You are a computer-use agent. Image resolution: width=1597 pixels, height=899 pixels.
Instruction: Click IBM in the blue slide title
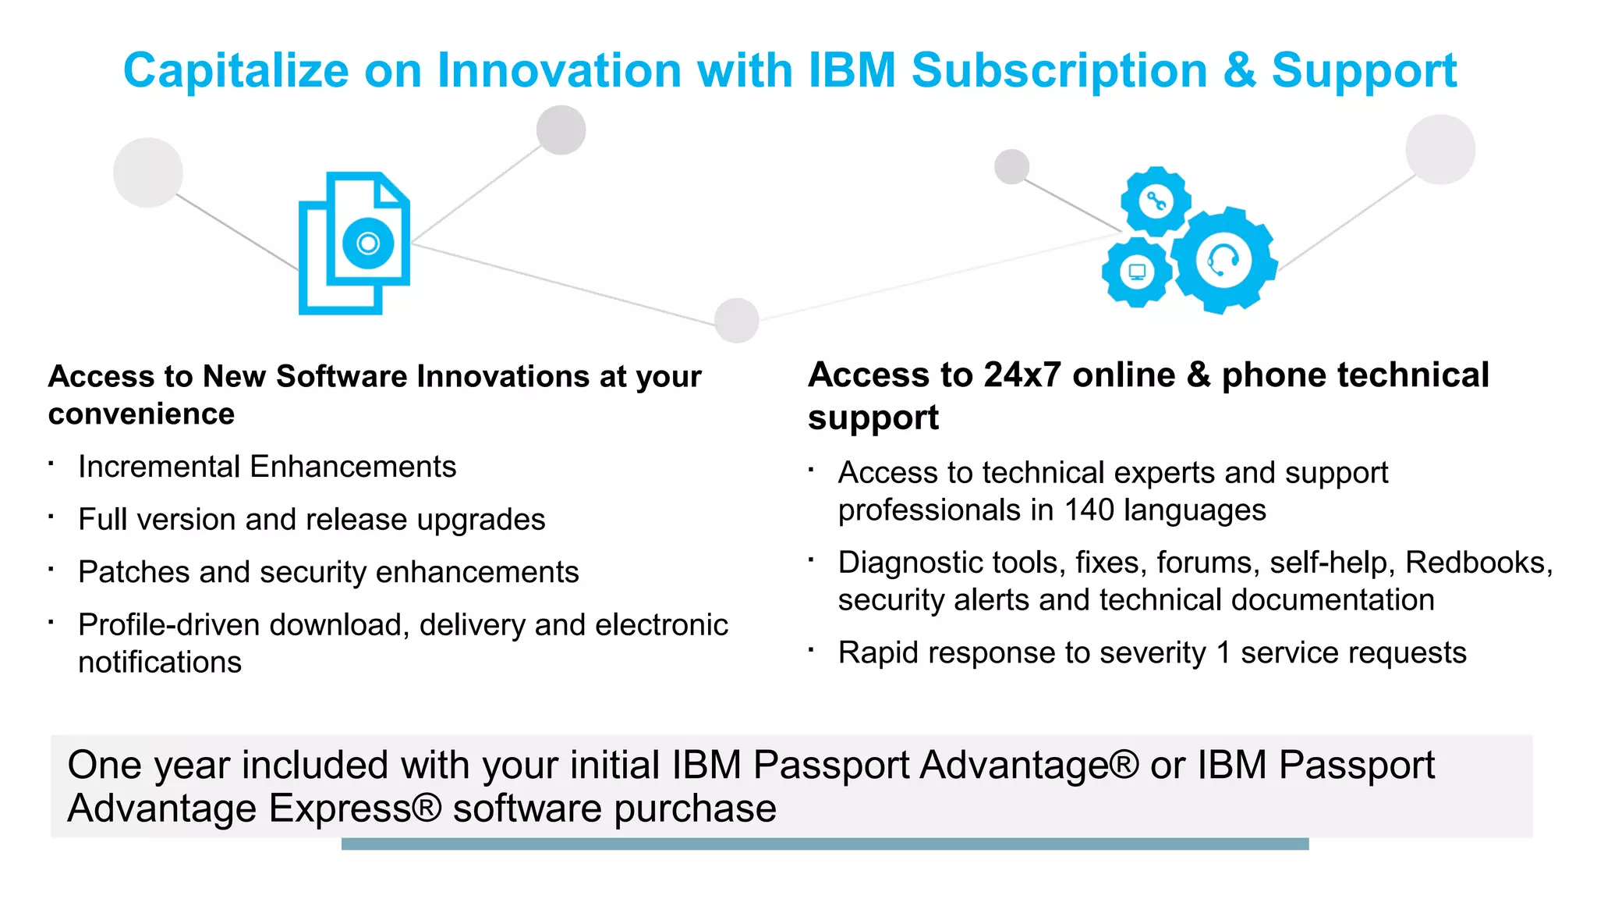[x=852, y=71]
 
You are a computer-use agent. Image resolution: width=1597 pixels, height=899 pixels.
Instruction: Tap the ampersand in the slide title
[x=1239, y=71]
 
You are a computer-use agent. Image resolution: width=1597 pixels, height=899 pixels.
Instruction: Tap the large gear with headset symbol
[x=1223, y=260]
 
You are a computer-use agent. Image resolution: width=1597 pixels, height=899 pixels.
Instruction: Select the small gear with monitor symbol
[x=1137, y=272]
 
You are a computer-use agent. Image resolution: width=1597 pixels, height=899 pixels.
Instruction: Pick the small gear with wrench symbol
[x=1155, y=201]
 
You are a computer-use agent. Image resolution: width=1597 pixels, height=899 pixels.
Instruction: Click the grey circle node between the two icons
[x=737, y=320]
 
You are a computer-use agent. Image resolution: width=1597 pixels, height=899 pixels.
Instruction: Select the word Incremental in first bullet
[x=159, y=467]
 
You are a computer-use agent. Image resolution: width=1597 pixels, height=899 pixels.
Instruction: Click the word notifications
[x=160, y=663]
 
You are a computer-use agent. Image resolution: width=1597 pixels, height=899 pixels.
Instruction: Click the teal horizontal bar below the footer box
[x=824, y=844]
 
